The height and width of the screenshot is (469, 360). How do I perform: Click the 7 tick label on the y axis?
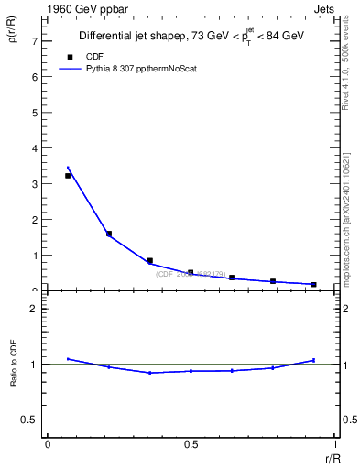[33, 42]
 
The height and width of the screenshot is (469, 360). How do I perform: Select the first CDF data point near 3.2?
[68, 176]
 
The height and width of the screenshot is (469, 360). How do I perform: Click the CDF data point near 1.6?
[109, 234]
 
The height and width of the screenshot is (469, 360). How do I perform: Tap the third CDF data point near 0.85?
[150, 260]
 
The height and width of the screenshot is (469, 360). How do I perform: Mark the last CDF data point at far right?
[313, 284]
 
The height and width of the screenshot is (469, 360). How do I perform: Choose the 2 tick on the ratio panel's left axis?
[33, 309]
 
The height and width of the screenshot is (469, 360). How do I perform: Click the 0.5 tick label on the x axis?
[191, 444]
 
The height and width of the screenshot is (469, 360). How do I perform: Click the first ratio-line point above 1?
[68, 359]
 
